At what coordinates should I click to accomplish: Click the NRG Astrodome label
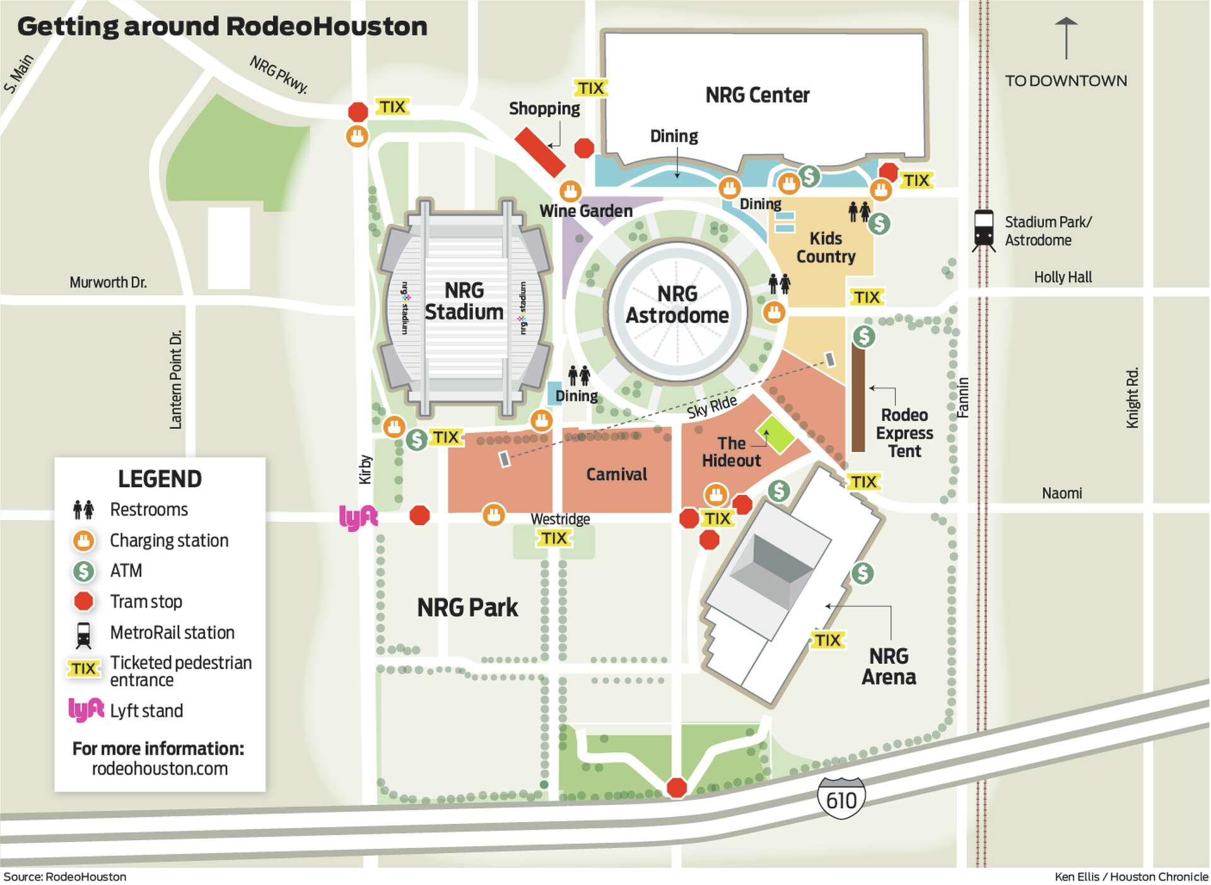click(x=677, y=304)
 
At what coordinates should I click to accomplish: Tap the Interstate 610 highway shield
click(x=841, y=799)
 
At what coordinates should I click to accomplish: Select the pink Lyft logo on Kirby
click(x=358, y=518)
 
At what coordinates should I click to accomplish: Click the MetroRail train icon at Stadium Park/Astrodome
click(x=983, y=229)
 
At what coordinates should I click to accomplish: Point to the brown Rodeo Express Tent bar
click(x=858, y=398)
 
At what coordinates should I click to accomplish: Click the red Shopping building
click(x=540, y=152)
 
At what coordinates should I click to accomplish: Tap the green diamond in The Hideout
click(x=775, y=434)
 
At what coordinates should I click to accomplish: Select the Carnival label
click(x=616, y=475)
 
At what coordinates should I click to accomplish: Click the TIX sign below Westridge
click(x=554, y=538)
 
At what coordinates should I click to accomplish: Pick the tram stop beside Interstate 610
click(x=677, y=787)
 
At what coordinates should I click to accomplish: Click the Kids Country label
click(x=826, y=248)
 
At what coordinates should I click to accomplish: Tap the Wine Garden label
click(x=585, y=211)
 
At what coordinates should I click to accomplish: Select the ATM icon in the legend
click(x=83, y=571)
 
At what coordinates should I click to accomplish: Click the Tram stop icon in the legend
click(x=83, y=601)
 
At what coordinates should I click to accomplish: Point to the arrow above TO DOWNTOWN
click(x=1066, y=38)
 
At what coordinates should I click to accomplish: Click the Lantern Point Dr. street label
click(x=175, y=380)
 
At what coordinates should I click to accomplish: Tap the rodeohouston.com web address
click(x=160, y=769)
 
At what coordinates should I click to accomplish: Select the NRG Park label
click(x=467, y=608)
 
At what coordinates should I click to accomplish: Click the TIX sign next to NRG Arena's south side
click(x=827, y=640)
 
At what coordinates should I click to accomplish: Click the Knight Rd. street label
click(x=1133, y=398)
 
